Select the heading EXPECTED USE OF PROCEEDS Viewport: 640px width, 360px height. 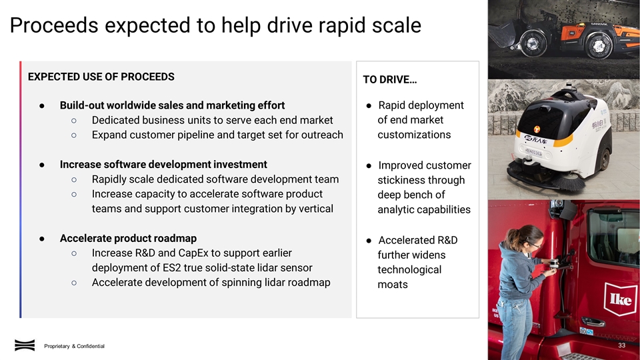click(x=101, y=77)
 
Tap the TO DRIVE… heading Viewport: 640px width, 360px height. click(x=390, y=80)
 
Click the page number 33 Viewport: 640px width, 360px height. click(x=622, y=346)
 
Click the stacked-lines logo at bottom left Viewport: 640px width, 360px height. click(x=25, y=345)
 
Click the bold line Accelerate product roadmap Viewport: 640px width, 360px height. click(x=128, y=238)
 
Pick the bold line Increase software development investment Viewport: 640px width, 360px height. click(x=163, y=164)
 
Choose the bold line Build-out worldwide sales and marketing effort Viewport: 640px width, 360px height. click(x=172, y=105)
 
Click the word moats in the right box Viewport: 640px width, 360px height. click(x=392, y=285)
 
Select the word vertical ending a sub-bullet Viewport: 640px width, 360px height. click(x=314, y=208)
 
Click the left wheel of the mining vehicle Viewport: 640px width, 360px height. click(x=530, y=43)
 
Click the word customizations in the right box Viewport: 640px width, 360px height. click(x=413, y=135)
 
